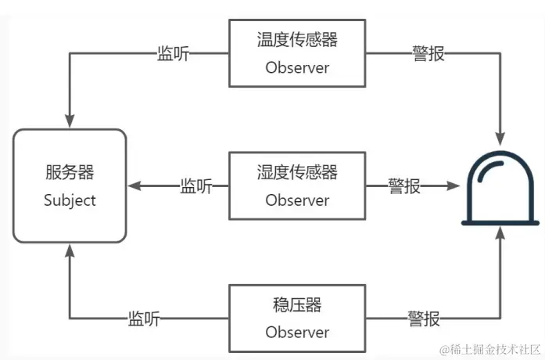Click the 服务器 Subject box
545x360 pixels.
[70, 185]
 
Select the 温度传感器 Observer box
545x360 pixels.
[297, 53]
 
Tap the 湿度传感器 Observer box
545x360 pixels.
[297, 185]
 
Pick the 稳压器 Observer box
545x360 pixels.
[297, 318]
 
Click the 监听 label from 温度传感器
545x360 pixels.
[173, 53]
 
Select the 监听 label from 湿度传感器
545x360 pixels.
[196, 186]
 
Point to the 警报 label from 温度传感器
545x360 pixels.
[428, 53]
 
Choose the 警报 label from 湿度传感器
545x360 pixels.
[404, 186]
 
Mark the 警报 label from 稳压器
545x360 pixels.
[423, 319]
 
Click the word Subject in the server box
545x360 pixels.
[70, 200]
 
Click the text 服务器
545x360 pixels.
[70, 172]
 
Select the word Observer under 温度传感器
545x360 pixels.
[297, 67]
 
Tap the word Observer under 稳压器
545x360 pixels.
[297, 332]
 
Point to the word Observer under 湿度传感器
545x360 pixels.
[297, 200]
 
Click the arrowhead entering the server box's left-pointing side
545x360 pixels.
[134, 186]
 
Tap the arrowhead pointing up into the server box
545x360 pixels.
[70, 250]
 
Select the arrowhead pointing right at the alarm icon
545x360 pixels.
[451, 186]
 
